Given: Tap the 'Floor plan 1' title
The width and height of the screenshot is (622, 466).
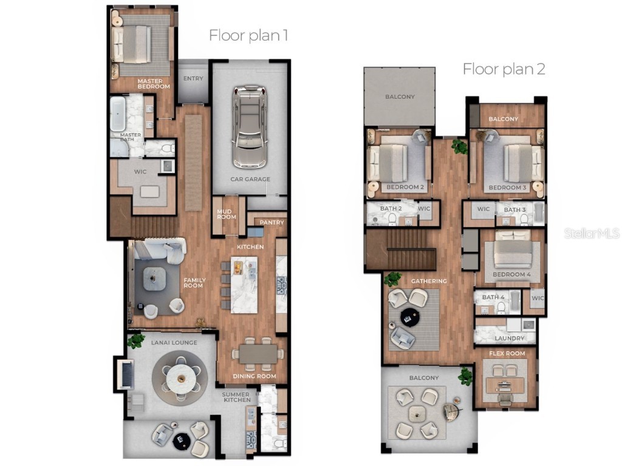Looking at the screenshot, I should click(x=248, y=35).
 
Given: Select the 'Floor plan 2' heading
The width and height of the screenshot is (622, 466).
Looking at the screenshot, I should click(x=504, y=69).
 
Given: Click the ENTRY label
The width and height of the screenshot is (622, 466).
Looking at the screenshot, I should click(x=193, y=78).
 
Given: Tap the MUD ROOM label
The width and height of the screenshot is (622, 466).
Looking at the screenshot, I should click(x=227, y=214).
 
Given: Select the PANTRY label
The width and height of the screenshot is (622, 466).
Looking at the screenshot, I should click(x=272, y=223).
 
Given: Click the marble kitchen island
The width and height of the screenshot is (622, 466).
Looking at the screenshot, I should click(x=244, y=284).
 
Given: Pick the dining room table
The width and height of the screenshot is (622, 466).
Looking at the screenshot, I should click(x=258, y=354).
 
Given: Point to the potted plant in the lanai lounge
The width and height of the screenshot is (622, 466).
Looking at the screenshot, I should click(x=136, y=340).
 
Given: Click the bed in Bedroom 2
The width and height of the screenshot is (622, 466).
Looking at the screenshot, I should click(x=389, y=163).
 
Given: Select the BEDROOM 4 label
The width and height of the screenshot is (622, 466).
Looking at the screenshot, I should click(x=511, y=274).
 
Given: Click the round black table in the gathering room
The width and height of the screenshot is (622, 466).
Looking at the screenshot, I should click(x=407, y=316).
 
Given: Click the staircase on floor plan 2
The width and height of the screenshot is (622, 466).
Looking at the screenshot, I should click(x=401, y=249).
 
